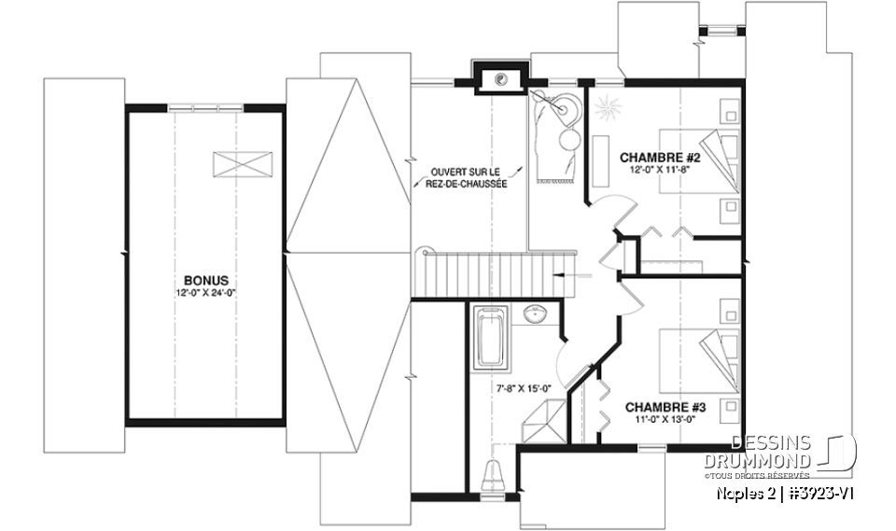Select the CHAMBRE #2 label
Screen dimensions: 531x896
[x=660, y=158]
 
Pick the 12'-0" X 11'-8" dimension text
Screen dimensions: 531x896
[x=660, y=170]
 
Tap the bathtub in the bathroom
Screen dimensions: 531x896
[x=489, y=338]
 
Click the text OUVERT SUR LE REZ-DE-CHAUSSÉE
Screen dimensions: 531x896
[x=468, y=178]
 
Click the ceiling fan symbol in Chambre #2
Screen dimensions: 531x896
[x=608, y=106]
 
